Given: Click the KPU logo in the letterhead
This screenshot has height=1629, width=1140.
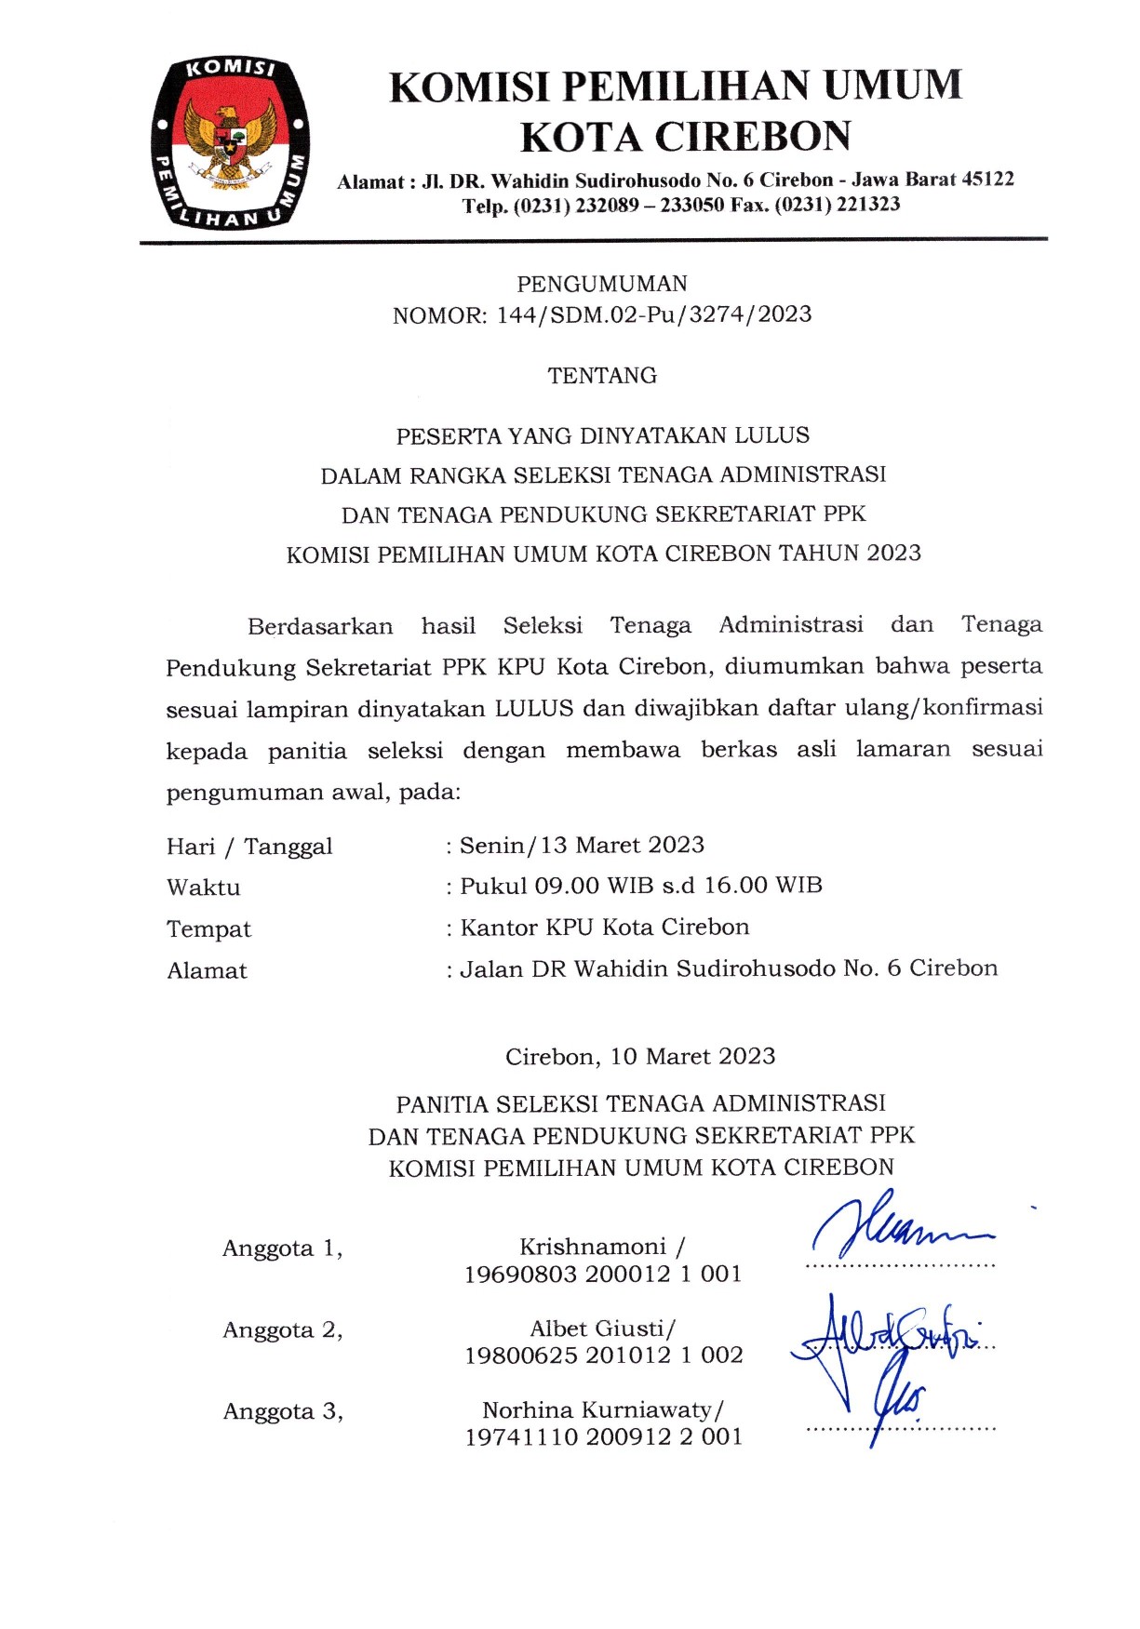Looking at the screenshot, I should pos(230,143).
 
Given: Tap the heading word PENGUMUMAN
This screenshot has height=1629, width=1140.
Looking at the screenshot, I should pos(602,284).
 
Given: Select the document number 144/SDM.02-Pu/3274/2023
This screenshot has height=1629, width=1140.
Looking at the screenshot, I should pos(654,314).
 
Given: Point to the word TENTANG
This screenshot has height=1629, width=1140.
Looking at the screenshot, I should pos(602,376).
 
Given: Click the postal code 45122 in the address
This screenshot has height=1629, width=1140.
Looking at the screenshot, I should pos(987,179).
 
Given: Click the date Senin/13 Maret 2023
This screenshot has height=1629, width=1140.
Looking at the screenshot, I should pos(582,845).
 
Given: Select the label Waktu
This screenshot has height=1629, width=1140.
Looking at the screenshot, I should pos(204,888).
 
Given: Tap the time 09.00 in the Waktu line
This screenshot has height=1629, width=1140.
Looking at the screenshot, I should pos(566,886).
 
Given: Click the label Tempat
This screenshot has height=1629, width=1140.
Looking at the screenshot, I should pos(208,929).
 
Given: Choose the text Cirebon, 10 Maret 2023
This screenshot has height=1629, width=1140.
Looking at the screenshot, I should pos(640,1057).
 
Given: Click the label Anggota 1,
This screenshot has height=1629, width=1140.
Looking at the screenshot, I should pos(282,1248).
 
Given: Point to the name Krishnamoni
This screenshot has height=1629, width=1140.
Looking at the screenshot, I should pos(593,1247).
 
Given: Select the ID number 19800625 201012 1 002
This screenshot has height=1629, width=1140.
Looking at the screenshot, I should pos(604,1355).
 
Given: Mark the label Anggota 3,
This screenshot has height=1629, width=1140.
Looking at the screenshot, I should pos(283,1412).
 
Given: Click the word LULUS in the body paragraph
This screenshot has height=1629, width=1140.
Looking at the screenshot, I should pos(533,708).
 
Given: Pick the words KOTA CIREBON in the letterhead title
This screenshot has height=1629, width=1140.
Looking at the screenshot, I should pos(685,137).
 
